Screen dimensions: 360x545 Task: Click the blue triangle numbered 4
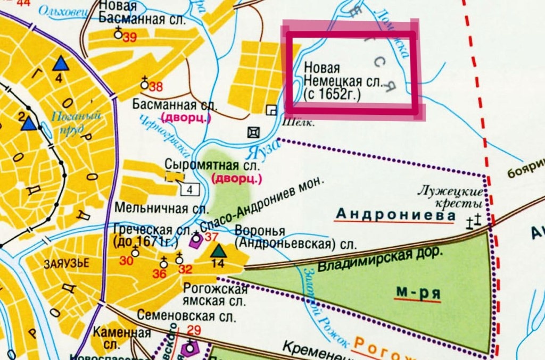[x=61, y=64]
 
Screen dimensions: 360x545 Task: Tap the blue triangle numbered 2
[x=29, y=123]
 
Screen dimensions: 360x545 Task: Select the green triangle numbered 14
[x=218, y=252]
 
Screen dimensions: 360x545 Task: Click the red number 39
[x=129, y=38]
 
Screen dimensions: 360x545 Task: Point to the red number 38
[x=155, y=87]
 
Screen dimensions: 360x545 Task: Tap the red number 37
[x=212, y=236]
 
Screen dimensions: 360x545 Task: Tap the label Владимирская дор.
[x=381, y=260]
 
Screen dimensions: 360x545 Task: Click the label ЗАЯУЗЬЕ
[x=60, y=264]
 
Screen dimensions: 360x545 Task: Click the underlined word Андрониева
[x=396, y=215]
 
